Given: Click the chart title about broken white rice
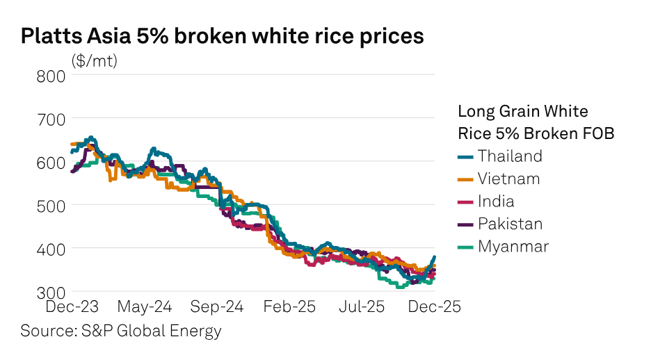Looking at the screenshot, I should click(x=222, y=36).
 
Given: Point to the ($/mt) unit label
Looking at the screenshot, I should click(x=95, y=60).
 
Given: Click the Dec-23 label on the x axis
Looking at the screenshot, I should click(x=72, y=306).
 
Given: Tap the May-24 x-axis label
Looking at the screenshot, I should click(x=145, y=306).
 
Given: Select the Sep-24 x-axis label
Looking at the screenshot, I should click(x=217, y=306).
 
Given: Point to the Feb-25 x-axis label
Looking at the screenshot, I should click(x=289, y=306).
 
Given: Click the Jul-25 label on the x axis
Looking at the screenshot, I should click(x=362, y=306).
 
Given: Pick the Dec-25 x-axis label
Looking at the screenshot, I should click(x=433, y=306).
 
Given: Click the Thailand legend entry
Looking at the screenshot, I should click(x=509, y=156).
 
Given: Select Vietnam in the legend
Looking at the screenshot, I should click(x=508, y=179).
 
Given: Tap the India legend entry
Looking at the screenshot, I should click(x=496, y=201).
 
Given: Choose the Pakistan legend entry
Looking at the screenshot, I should click(x=510, y=224).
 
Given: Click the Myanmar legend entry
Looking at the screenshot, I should click(x=513, y=246).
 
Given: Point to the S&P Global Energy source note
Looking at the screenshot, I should click(x=121, y=331).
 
